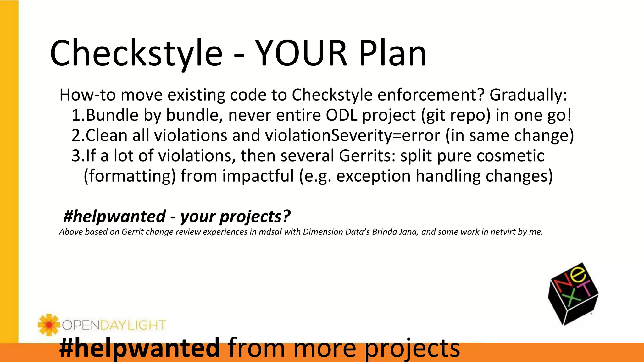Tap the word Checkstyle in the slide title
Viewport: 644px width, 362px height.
point(136,53)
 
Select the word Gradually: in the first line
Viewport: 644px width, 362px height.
point(528,95)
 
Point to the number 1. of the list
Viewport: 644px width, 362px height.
point(78,115)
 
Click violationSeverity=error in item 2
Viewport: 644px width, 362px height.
point(352,135)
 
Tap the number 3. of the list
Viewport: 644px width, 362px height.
point(78,156)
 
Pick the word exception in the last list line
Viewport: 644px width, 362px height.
point(373,176)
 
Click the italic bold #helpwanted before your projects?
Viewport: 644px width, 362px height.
point(114,217)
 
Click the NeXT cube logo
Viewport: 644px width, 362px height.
point(573,294)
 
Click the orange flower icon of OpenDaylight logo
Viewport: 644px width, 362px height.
point(48,325)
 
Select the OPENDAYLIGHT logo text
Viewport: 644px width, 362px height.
point(114,325)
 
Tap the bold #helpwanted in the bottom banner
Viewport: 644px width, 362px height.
point(139,348)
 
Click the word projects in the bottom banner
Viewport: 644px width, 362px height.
point(412,348)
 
